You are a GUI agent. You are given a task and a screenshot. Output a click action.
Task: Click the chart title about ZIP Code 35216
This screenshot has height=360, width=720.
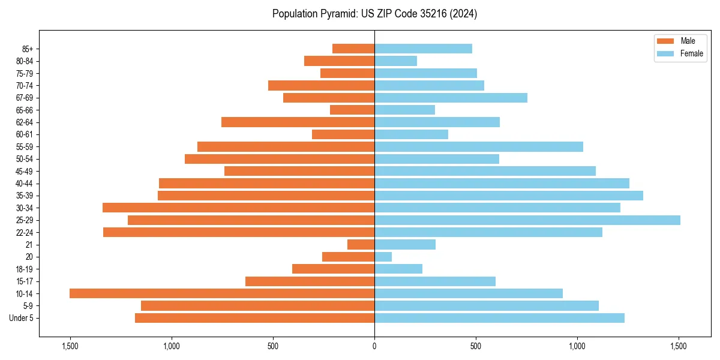click(374, 14)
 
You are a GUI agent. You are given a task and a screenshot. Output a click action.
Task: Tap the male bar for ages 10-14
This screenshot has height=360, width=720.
click(222, 293)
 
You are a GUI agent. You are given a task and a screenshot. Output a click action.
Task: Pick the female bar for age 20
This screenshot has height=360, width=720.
click(383, 257)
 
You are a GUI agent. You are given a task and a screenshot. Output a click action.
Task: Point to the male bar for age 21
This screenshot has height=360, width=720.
click(361, 245)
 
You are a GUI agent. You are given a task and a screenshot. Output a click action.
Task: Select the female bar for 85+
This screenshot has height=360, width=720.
click(423, 49)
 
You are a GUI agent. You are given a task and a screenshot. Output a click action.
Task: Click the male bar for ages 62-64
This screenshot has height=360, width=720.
click(298, 122)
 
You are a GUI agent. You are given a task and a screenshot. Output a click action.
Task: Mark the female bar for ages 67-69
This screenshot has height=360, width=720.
click(451, 98)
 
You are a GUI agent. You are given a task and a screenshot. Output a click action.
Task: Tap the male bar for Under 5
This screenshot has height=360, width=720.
click(254, 318)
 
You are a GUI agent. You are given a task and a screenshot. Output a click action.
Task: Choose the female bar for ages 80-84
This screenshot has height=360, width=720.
click(395, 61)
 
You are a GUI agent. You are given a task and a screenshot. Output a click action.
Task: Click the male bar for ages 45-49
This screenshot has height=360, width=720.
click(299, 171)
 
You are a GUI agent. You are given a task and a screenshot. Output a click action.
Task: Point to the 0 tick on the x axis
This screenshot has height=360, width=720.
click(374, 346)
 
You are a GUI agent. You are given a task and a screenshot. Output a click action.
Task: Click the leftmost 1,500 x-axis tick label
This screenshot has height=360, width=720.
click(70, 346)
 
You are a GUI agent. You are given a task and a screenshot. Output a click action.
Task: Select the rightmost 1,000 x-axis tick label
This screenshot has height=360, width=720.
click(577, 346)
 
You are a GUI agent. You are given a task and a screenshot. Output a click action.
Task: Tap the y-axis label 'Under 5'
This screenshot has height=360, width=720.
click(21, 318)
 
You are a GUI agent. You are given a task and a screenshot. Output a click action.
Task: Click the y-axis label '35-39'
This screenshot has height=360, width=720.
click(25, 196)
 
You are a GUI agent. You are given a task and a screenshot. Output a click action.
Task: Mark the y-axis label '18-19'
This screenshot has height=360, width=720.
click(25, 269)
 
